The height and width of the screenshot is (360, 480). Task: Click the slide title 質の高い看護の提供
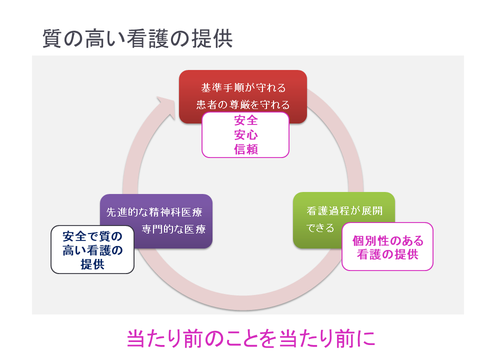[x=137, y=38]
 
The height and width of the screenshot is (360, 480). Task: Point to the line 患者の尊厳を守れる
[x=243, y=105]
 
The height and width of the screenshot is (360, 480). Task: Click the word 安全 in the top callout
[x=245, y=120]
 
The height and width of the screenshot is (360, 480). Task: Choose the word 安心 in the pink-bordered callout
[x=245, y=135]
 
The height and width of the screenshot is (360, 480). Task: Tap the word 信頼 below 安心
[x=245, y=149]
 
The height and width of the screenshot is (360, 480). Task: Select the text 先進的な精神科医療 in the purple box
[x=154, y=212]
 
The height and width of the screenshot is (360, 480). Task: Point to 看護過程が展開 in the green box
[x=344, y=210]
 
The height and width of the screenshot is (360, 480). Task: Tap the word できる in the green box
[x=320, y=228]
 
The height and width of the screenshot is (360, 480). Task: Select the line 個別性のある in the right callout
[x=387, y=241]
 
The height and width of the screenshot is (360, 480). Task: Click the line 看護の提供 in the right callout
[x=387, y=254]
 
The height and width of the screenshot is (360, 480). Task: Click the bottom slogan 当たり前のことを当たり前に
[x=250, y=338]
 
